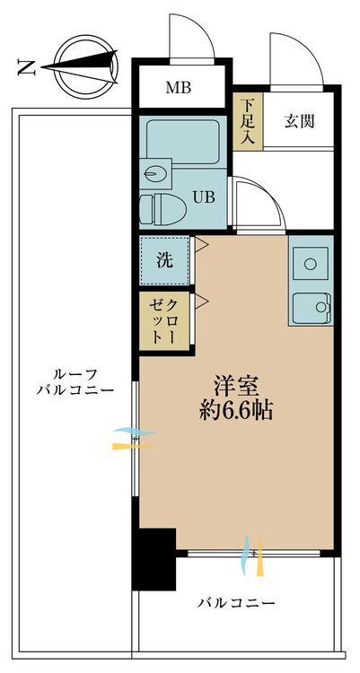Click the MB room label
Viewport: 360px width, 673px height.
pos(179,88)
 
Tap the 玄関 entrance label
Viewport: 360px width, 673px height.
pos(299,122)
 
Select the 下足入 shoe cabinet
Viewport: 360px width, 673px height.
pos(248,121)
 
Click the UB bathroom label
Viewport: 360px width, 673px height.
pos(204,197)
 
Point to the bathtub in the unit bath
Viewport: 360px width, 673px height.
pos(183,141)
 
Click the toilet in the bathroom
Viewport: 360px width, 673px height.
pos(162,209)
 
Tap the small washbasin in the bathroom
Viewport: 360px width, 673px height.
pos(155,174)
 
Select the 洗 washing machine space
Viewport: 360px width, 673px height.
pos(164,260)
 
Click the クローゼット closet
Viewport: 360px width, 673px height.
pos(164,321)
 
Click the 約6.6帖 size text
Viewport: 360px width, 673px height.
pos(236,412)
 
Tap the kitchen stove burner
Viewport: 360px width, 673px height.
pos(311,264)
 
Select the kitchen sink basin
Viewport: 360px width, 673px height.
pos(312,307)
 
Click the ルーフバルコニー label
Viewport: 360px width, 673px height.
pos(75,381)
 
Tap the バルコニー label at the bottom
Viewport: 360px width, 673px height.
pos(236,604)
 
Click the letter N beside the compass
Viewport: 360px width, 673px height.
pos(26,67)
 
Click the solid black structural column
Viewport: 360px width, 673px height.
pos(154,559)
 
